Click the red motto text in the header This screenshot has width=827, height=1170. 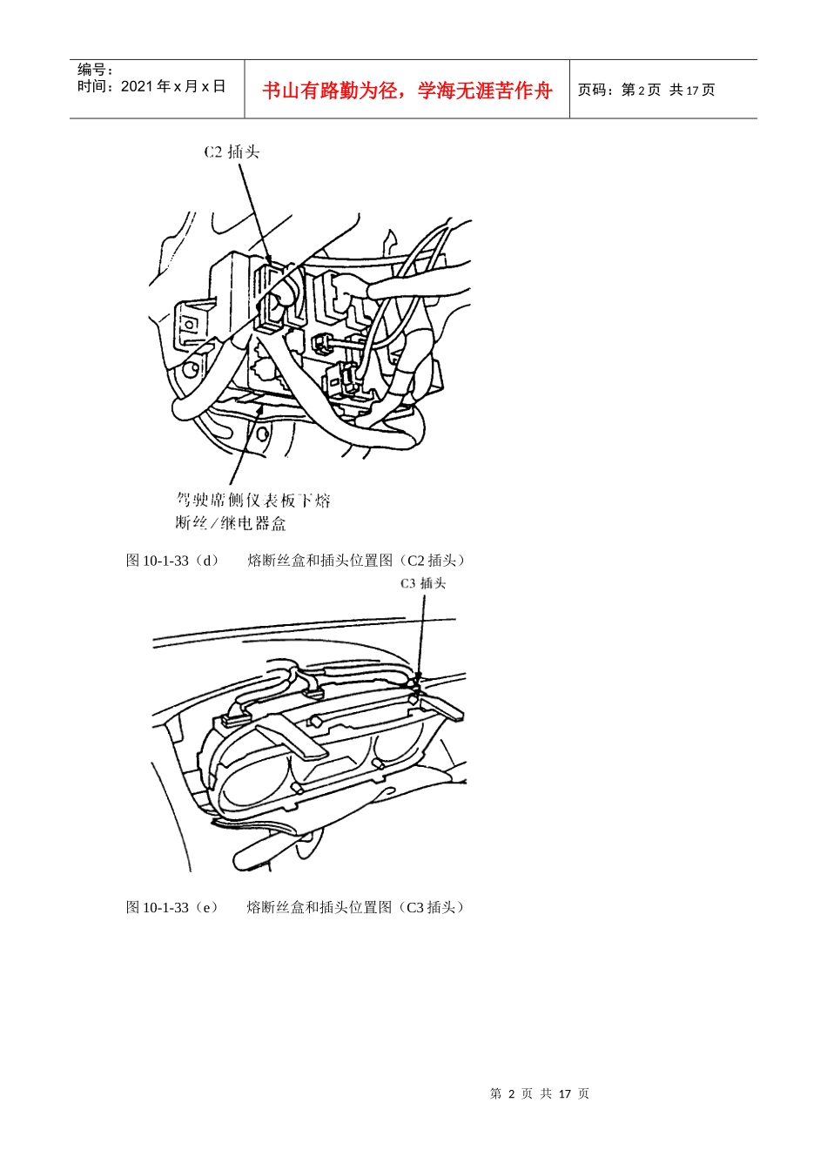click(x=407, y=91)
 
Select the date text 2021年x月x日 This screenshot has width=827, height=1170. click(x=172, y=86)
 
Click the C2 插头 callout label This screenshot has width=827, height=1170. click(x=232, y=152)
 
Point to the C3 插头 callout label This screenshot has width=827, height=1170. click(x=423, y=584)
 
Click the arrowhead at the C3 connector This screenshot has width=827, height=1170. click(x=418, y=678)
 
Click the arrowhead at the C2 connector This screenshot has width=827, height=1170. click(x=269, y=260)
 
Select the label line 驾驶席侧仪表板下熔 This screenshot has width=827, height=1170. click(x=253, y=501)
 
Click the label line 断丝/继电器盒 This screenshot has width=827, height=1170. click(x=231, y=523)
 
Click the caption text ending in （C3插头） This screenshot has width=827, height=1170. click(x=358, y=907)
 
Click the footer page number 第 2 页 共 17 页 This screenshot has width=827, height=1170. click(x=540, y=1093)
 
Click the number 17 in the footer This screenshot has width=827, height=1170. click(x=564, y=1093)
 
